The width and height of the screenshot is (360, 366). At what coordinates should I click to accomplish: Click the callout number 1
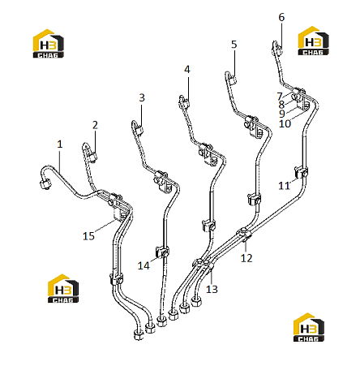coord(60,144)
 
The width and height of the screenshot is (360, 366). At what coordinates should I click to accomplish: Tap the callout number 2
coord(95,125)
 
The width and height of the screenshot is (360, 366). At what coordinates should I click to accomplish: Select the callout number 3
coord(142,97)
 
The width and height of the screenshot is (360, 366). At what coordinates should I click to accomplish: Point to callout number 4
coord(187,70)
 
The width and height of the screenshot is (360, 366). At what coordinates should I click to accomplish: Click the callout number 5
coord(234,45)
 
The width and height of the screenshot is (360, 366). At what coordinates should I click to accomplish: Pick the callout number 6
coord(281,17)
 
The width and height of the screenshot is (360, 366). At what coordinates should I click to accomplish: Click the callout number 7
coord(280,97)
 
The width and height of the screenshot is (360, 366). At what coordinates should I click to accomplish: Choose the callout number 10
coord(285,123)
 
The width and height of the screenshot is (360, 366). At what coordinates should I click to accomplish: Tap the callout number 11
coord(284,186)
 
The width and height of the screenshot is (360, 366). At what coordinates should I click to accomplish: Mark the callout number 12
coord(246,258)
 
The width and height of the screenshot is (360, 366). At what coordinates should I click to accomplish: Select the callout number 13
coord(212,289)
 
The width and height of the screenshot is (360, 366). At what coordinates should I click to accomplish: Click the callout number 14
coord(144,265)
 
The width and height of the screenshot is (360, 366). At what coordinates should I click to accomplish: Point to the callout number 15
coord(88,236)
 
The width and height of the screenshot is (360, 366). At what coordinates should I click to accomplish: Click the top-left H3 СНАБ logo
coord(49,43)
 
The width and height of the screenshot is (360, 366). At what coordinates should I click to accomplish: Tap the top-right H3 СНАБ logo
coord(313,41)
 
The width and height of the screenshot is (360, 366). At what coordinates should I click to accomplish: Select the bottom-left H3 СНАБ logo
coord(63,288)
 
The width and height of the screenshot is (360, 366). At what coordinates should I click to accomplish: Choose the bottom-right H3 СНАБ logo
coord(309,327)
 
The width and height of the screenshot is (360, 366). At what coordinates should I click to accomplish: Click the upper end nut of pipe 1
coord(45,184)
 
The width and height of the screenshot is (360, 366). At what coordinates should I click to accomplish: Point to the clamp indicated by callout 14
coord(162,252)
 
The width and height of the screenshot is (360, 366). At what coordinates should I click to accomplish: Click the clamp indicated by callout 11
coord(301,172)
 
